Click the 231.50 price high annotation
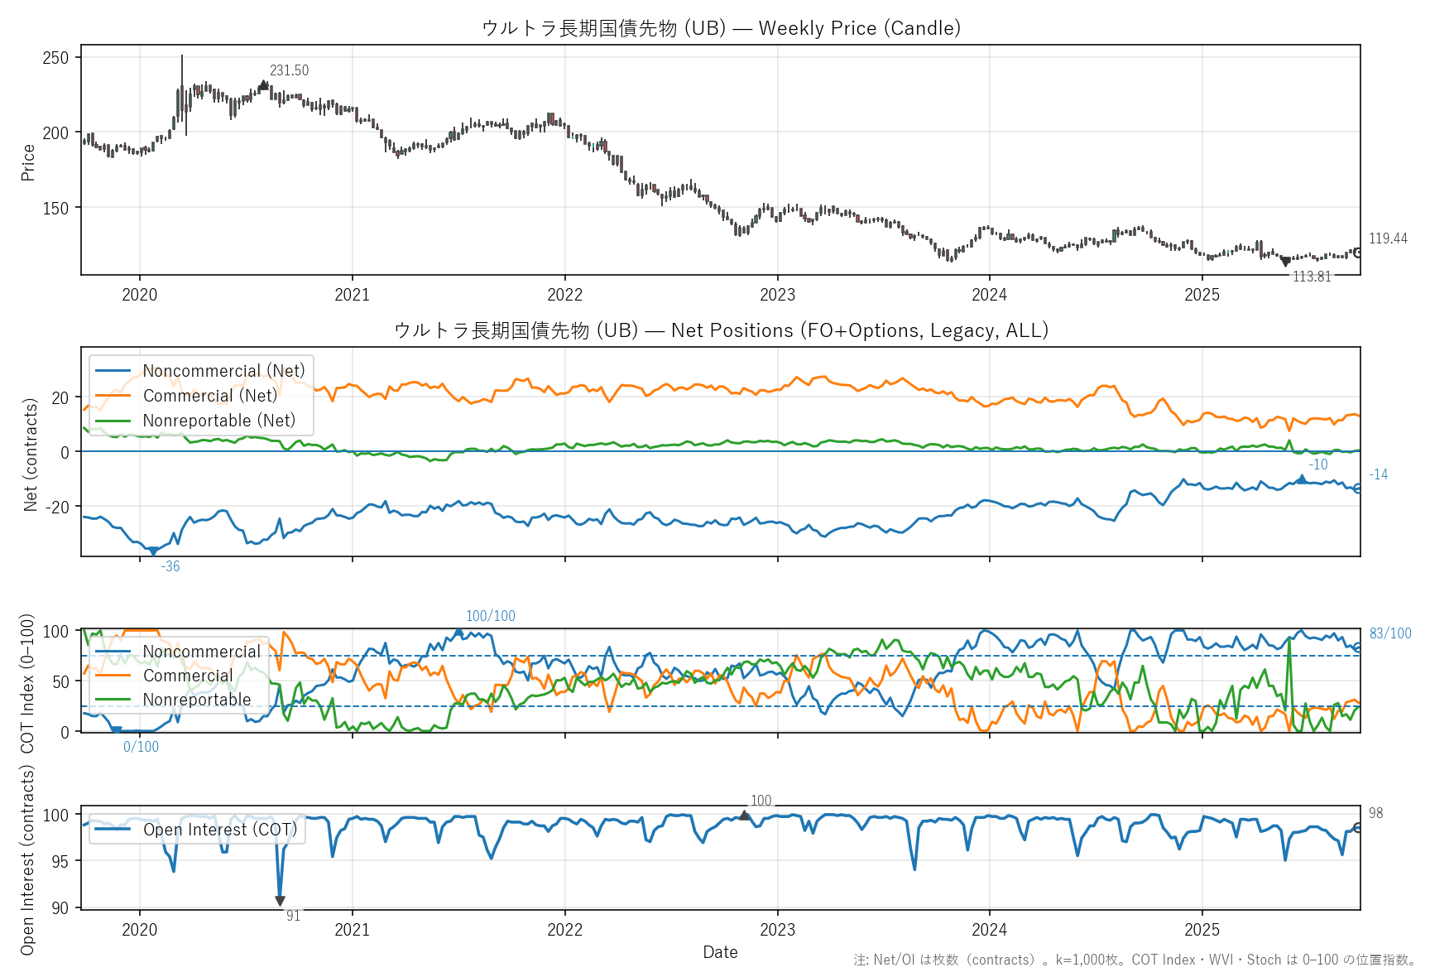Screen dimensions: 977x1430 tap(289, 71)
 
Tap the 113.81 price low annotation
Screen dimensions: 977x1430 tap(1312, 277)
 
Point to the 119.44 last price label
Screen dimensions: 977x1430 tap(1388, 238)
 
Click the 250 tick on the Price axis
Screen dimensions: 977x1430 tap(56, 58)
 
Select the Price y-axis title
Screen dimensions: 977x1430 tap(28, 162)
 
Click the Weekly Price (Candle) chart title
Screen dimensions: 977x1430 tap(721, 28)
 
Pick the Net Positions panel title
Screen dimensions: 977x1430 tap(721, 330)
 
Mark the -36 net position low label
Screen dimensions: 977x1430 tap(170, 566)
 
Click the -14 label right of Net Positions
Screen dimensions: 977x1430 tap(1378, 474)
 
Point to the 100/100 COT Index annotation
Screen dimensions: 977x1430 tap(490, 616)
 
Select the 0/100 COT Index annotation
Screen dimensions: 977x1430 tap(141, 747)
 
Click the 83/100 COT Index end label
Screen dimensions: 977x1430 tap(1390, 633)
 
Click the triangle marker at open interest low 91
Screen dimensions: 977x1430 tap(280, 901)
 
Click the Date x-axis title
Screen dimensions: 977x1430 tap(720, 952)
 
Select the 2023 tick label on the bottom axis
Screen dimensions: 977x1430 tap(777, 930)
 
